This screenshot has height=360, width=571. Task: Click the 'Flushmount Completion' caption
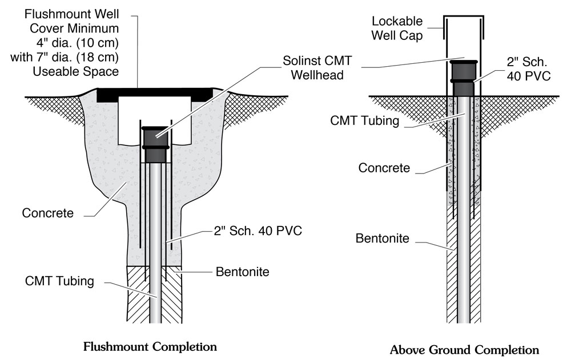click(150, 346)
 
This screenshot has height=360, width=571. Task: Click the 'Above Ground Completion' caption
click(464, 350)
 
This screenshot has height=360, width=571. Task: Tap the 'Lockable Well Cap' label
click(397, 28)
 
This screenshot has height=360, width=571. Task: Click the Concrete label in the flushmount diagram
click(48, 213)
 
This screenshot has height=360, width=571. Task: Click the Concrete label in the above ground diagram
click(384, 168)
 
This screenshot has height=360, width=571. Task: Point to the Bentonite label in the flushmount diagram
click(242, 272)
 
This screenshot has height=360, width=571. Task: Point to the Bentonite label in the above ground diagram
click(383, 238)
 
